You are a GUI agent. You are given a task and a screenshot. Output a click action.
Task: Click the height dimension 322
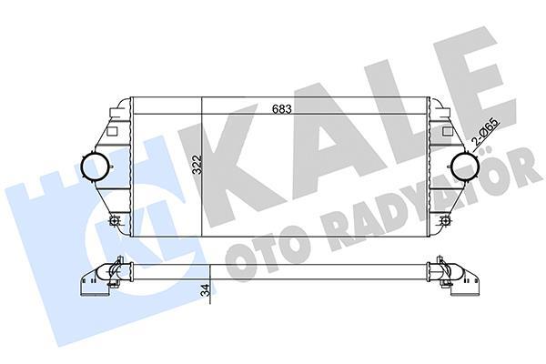tap(195, 165)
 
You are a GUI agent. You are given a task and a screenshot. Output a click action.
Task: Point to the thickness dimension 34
tap(206, 291)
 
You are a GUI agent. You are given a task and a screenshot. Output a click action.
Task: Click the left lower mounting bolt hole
tap(114, 221)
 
